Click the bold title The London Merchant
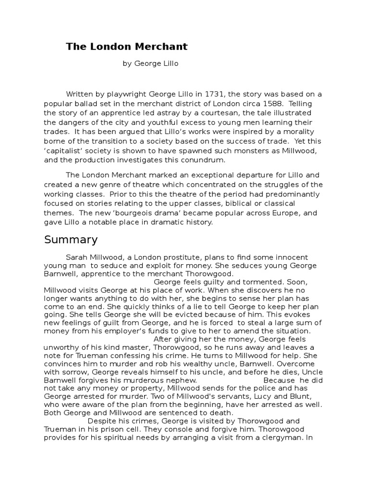coord(127,47)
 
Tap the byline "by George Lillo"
coord(147,63)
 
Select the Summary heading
coord(71,239)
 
